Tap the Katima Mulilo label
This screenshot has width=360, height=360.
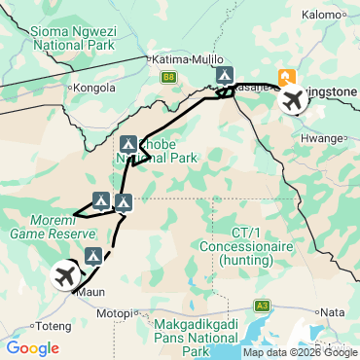pyautogui.click(x=183, y=59)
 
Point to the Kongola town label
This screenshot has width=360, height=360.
pyautogui.click(x=95, y=87)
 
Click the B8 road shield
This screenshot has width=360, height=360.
pyautogui.click(x=169, y=75)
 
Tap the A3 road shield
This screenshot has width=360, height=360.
pyautogui.click(x=263, y=305)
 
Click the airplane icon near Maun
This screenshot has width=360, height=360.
pyautogui.click(x=66, y=275)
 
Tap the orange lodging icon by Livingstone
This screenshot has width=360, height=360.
pyautogui.click(x=287, y=77)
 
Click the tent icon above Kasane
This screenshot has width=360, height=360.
pyautogui.click(x=225, y=74)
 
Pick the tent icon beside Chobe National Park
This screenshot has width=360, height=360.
pyautogui.click(x=128, y=144)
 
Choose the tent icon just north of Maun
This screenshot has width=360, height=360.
pyautogui.click(x=93, y=256)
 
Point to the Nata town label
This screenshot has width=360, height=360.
pyautogui.click(x=333, y=312)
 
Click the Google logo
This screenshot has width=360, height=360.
pyautogui.click(x=32, y=347)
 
